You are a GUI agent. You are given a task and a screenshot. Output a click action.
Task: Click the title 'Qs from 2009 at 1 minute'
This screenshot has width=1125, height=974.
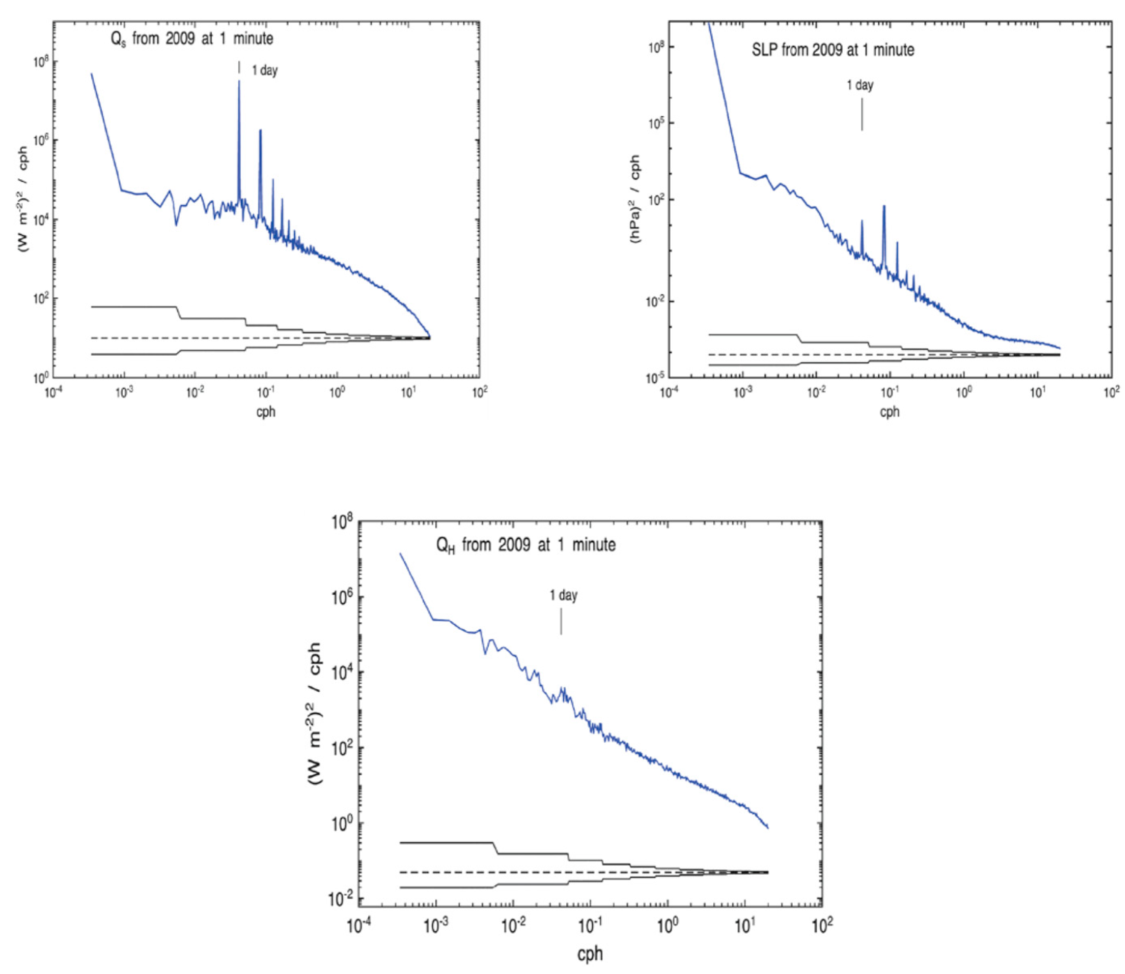pos(191,39)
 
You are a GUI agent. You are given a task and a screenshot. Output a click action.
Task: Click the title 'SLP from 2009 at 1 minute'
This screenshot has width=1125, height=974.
pos(832,50)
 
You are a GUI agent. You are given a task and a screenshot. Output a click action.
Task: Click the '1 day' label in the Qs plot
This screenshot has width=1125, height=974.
pos(264,70)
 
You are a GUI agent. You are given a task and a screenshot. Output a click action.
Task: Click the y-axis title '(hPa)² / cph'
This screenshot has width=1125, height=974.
pos(634,198)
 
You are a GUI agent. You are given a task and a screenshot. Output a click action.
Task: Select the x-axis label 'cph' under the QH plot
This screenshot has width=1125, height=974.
pos(590,953)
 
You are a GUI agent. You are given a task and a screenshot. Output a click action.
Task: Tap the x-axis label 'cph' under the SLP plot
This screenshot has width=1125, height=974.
pos(889,411)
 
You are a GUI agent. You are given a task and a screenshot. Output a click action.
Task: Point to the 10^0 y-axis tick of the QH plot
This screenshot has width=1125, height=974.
pos(342,823)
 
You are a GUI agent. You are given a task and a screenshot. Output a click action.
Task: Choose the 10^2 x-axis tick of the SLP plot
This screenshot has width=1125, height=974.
pos(1111,391)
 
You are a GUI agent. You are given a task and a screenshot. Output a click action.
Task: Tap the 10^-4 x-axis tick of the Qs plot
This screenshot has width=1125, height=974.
pos(53,392)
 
